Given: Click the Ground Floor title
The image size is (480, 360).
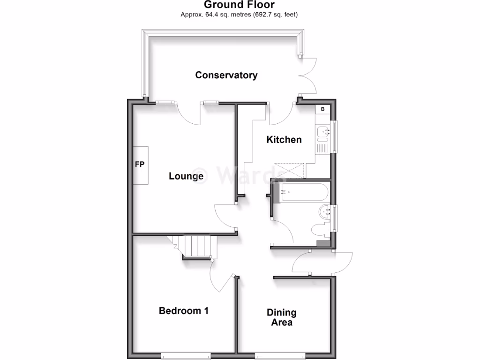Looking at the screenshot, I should click(x=240, y=5).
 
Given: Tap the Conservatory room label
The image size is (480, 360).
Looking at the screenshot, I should click(x=226, y=75).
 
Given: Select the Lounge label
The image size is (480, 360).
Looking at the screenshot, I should click(x=186, y=176).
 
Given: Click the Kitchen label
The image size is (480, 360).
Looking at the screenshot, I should click(x=284, y=139).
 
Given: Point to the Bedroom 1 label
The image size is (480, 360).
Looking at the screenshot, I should click(x=184, y=310).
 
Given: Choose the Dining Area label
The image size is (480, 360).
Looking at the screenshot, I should click(x=281, y=317).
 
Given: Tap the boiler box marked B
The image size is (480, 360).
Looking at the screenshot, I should click(x=322, y=110).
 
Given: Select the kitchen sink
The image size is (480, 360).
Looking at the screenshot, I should click(x=323, y=134).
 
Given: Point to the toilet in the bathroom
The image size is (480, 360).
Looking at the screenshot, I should click(x=321, y=230).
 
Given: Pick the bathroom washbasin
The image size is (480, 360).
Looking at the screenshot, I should click(x=324, y=212).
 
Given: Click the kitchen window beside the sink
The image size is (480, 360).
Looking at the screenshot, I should click(x=334, y=136).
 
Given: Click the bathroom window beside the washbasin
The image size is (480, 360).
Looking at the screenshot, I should click(x=334, y=217).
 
